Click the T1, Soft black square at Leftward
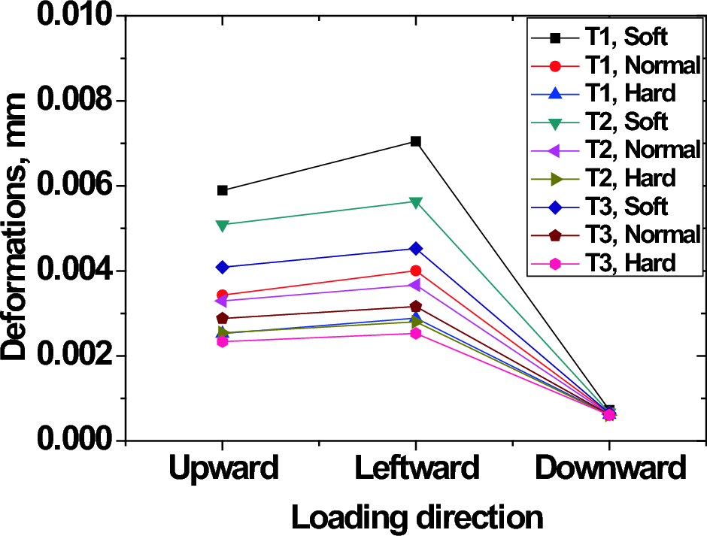pos(416,141)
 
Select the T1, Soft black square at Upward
pos(223,190)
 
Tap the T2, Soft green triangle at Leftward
pos(416,202)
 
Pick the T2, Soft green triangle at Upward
pos(223,225)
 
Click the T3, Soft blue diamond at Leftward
pos(416,249)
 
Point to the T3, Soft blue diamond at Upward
pos(223,267)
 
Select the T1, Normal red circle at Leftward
pos(416,271)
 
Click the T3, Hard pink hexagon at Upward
pos(223,341)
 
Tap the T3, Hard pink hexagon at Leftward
pos(416,333)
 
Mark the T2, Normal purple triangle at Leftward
pos(416,285)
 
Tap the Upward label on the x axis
pos(223,468)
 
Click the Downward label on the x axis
pos(610,468)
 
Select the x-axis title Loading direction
pos(417,517)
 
